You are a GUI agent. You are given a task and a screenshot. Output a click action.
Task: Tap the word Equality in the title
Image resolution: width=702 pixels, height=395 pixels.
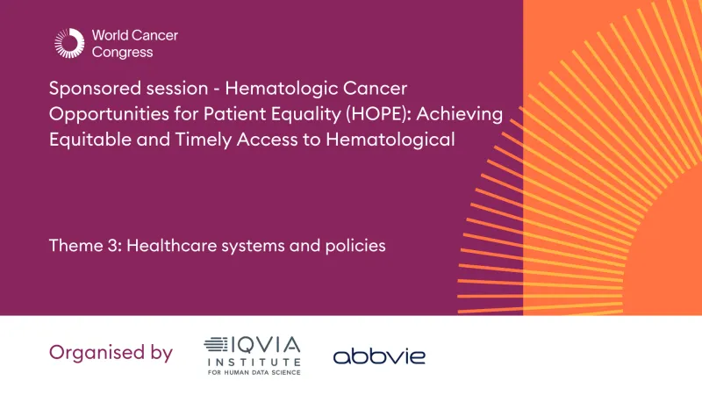tap(273, 116)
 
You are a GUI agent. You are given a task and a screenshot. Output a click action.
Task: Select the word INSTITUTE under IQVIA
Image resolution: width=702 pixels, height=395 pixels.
tap(253, 361)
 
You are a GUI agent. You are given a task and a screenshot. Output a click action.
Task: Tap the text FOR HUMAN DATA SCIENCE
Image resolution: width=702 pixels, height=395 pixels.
tap(253, 372)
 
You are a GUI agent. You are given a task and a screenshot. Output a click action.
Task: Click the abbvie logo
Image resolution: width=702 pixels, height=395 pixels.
tap(378, 355)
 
